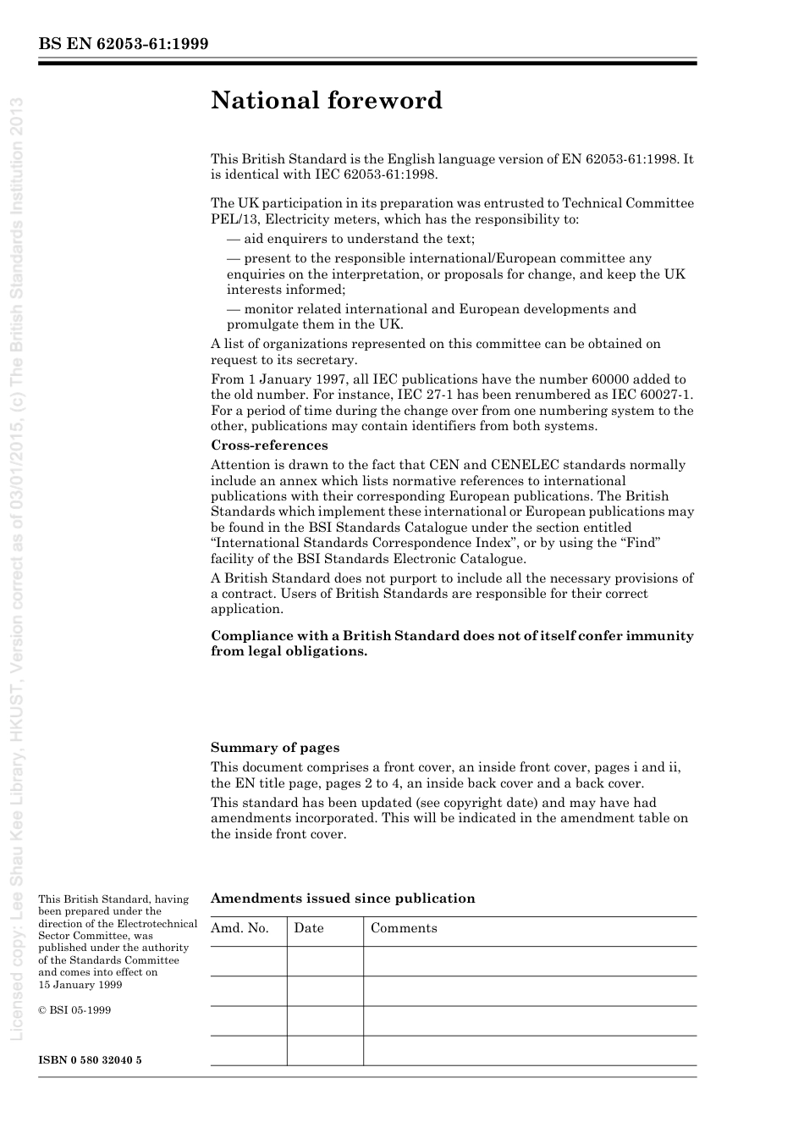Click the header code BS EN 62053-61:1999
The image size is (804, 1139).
[x=124, y=44]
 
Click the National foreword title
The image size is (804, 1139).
[x=327, y=100]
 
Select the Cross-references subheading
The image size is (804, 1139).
[x=269, y=445]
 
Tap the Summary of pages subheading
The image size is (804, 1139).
[x=275, y=748]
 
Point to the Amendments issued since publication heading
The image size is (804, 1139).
[x=343, y=898]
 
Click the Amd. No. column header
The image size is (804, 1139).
[x=240, y=928]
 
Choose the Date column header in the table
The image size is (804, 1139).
[x=309, y=928]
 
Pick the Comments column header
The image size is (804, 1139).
[x=404, y=928]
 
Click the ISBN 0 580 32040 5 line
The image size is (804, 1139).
[x=91, y=1060]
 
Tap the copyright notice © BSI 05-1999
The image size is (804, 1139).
[x=74, y=1010]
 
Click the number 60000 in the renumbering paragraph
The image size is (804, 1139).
[x=592, y=379]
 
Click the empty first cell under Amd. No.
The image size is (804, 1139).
[x=248, y=961]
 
